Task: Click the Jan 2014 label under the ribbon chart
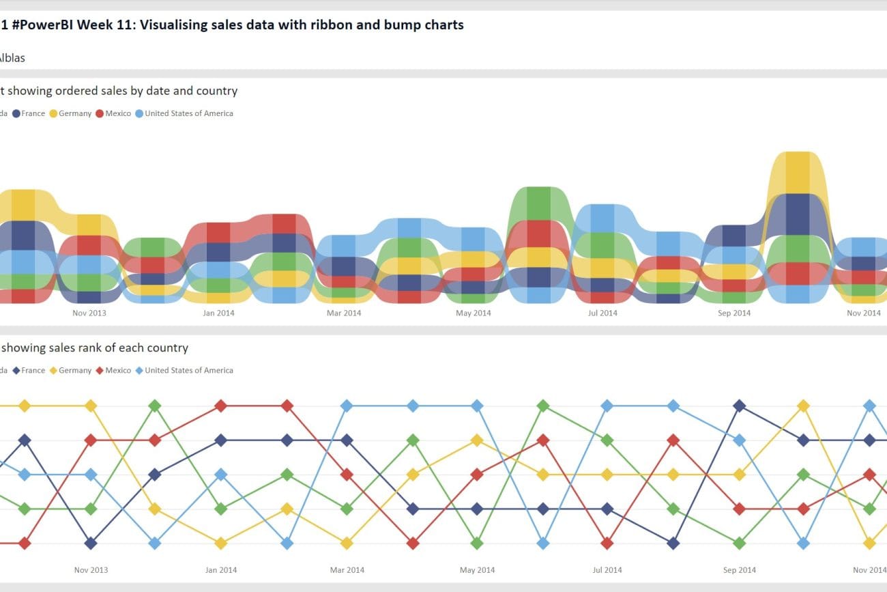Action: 218,313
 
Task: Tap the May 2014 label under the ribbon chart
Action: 473,313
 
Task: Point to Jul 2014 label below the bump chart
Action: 607,569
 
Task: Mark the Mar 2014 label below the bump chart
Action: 347,569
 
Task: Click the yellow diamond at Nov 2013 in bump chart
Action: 91,406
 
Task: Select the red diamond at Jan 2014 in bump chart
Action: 220,406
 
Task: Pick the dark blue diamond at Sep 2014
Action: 739,406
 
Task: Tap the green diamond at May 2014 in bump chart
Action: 477,544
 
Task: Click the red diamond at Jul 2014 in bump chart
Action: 607,544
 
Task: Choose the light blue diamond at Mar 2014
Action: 347,406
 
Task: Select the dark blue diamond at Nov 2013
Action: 91,544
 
